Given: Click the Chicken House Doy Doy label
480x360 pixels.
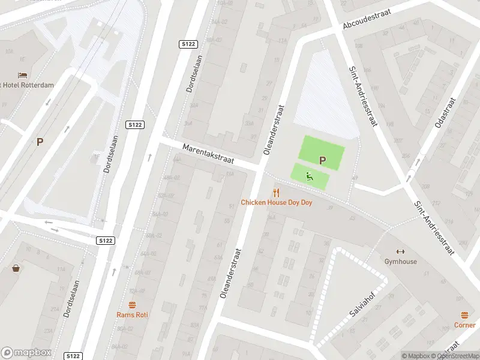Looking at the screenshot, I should pos(277,203).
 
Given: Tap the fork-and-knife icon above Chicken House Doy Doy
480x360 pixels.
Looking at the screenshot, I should pos(276,192).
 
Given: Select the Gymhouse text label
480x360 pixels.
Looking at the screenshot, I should pos(401,262).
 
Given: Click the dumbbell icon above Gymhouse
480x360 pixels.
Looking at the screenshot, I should pos(401,251).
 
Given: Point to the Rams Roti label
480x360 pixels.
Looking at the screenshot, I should pos(133,314).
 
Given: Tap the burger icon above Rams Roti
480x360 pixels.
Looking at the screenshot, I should pos(133,304).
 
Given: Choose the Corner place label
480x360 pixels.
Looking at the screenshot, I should pos(465,325).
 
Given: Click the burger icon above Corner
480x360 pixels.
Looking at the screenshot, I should pos(465,315).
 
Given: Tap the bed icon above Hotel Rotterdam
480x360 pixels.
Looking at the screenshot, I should pos(23,75).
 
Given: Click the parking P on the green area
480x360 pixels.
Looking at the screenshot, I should pos(322,160).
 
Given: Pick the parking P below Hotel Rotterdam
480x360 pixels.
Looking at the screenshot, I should pos(40,142).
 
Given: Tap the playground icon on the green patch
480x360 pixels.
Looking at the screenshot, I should pos(310,176).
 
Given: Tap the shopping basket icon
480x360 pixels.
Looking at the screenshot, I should pos(16,268).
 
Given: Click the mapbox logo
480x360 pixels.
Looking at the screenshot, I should pos(26,353).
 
